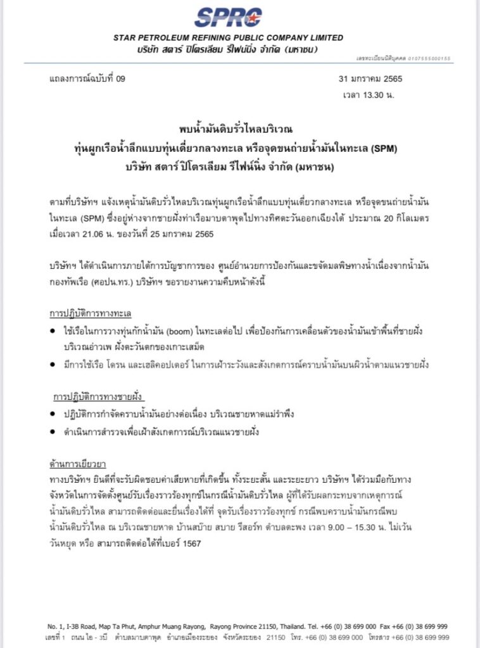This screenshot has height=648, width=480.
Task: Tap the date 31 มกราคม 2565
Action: coord(371,79)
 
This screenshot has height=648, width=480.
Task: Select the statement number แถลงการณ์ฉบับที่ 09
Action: coord(87,79)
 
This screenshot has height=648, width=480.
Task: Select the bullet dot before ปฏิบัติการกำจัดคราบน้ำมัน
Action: coord(51,414)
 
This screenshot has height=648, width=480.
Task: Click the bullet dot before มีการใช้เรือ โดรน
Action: coord(51,366)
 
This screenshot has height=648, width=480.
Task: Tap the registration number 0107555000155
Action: coord(430,58)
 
